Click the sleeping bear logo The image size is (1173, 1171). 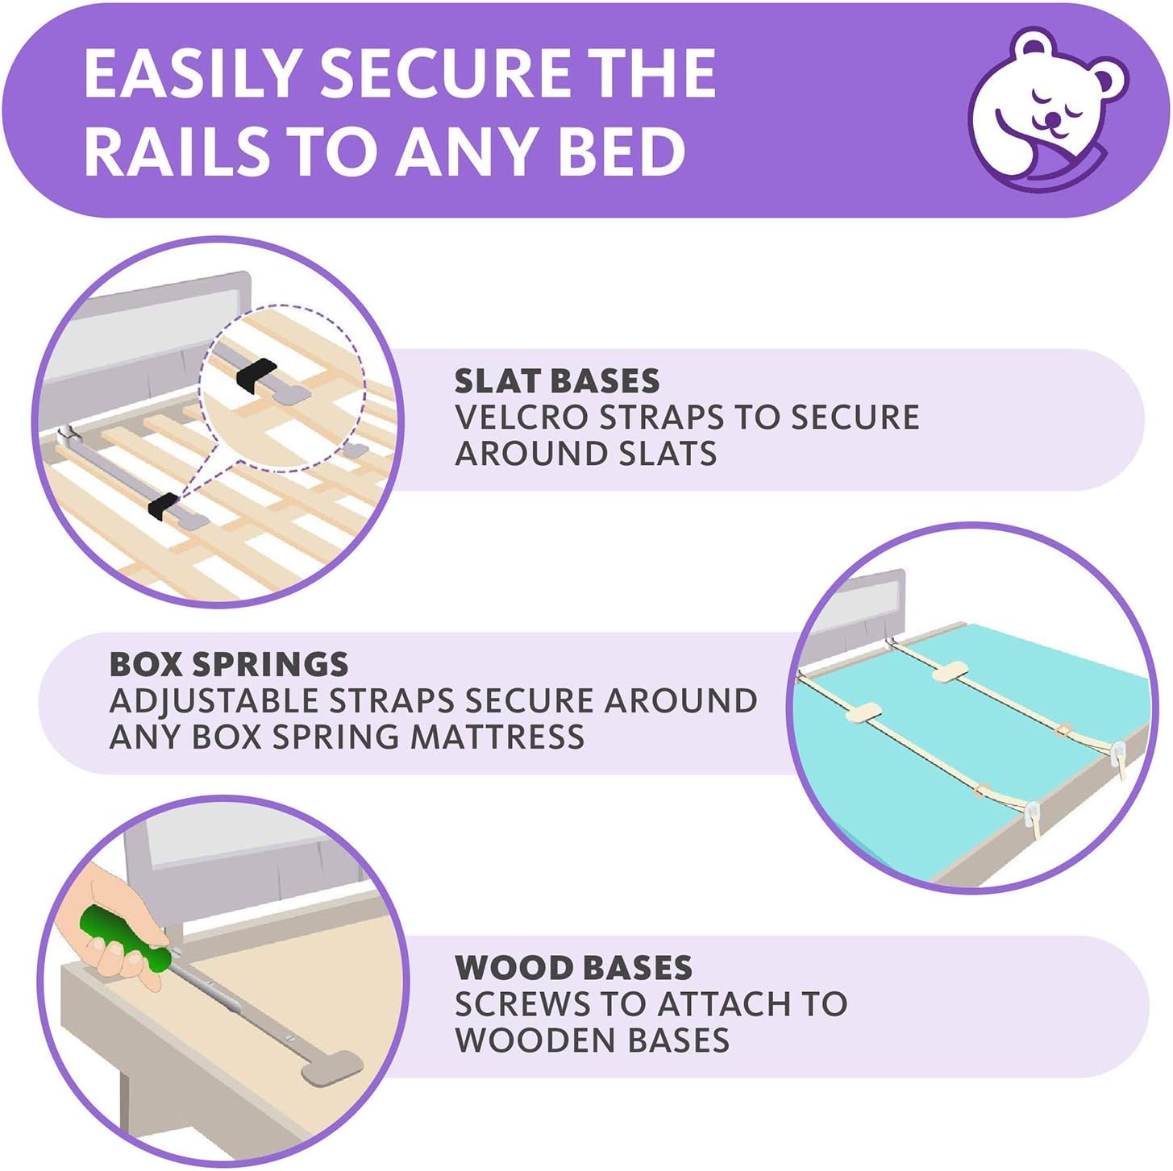click(1048, 110)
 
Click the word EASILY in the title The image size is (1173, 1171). click(193, 74)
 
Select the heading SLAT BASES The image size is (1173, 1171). click(556, 381)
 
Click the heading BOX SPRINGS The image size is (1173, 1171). click(228, 664)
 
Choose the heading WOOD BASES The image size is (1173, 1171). click(573, 967)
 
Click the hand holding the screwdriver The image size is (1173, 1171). click(113, 911)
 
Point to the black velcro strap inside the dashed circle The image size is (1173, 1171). click(256, 374)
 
